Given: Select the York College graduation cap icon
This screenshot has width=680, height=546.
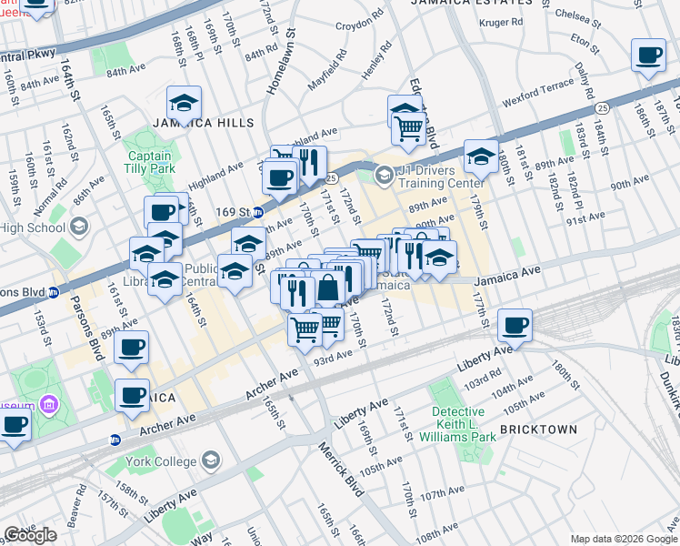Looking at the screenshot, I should (211, 460).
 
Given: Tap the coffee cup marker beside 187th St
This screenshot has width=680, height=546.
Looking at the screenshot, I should (649, 56).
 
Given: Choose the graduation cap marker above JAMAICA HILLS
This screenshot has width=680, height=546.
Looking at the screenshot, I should (184, 102).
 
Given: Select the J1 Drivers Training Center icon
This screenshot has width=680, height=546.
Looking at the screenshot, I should (385, 174).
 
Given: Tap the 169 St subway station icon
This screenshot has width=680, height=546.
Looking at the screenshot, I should (258, 213).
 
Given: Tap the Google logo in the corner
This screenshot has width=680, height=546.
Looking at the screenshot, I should (30, 535).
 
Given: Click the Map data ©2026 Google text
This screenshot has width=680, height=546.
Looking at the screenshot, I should (623, 539).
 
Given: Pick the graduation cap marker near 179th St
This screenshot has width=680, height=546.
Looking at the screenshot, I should (481, 157).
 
